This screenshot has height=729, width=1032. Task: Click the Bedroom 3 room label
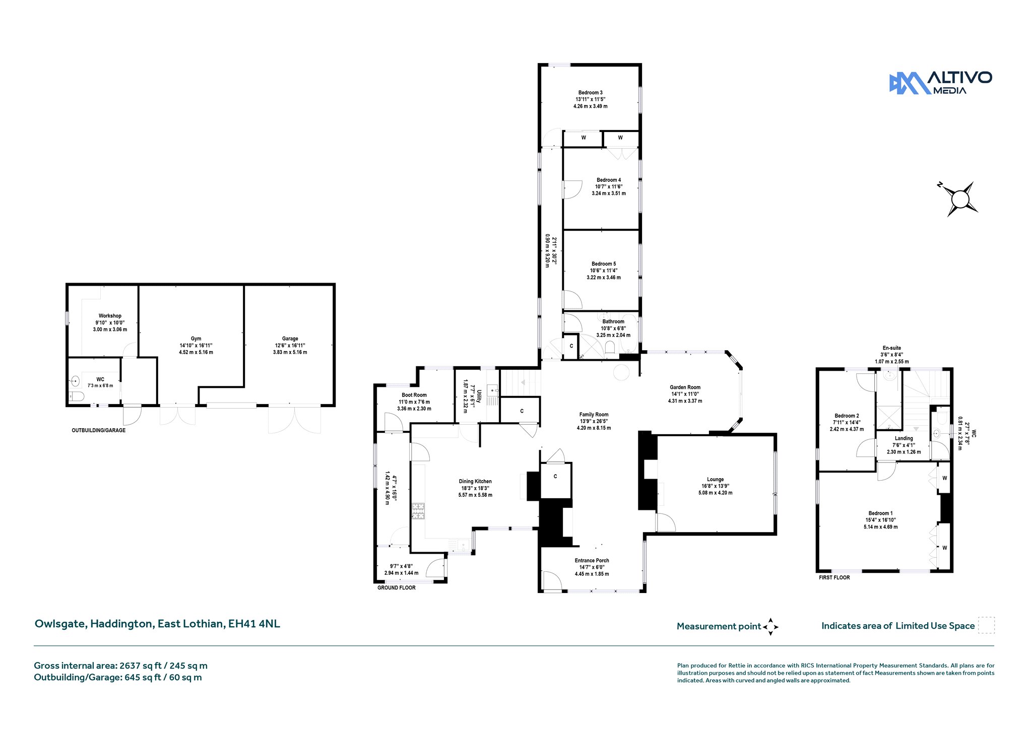tap(590, 93)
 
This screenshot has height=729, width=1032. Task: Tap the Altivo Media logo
tap(940, 83)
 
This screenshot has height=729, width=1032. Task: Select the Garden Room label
tap(685, 387)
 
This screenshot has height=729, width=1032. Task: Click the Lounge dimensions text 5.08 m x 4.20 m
tap(715, 493)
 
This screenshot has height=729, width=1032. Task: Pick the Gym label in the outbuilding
tap(196, 339)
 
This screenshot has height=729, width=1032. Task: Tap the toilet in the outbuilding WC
tap(76, 396)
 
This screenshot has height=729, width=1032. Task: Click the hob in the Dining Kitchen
tap(418, 511)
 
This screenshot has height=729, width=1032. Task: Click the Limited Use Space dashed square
tap(986, 625)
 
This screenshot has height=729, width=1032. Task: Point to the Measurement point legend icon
tap(770, 627)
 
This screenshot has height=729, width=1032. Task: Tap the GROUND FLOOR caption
tap(397, 588)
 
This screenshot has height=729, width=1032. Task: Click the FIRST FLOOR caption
tap(834, 577)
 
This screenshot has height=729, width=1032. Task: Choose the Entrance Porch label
tap(592, 560)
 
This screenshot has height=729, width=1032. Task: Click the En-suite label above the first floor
tap(891, 348)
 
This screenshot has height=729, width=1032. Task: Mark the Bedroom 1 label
tap(880, 513)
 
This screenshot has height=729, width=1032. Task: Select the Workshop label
tap(110, 316)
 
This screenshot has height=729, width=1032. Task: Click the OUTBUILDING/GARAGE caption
tap(98, 431)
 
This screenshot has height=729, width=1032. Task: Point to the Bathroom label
tap(613, 321)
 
